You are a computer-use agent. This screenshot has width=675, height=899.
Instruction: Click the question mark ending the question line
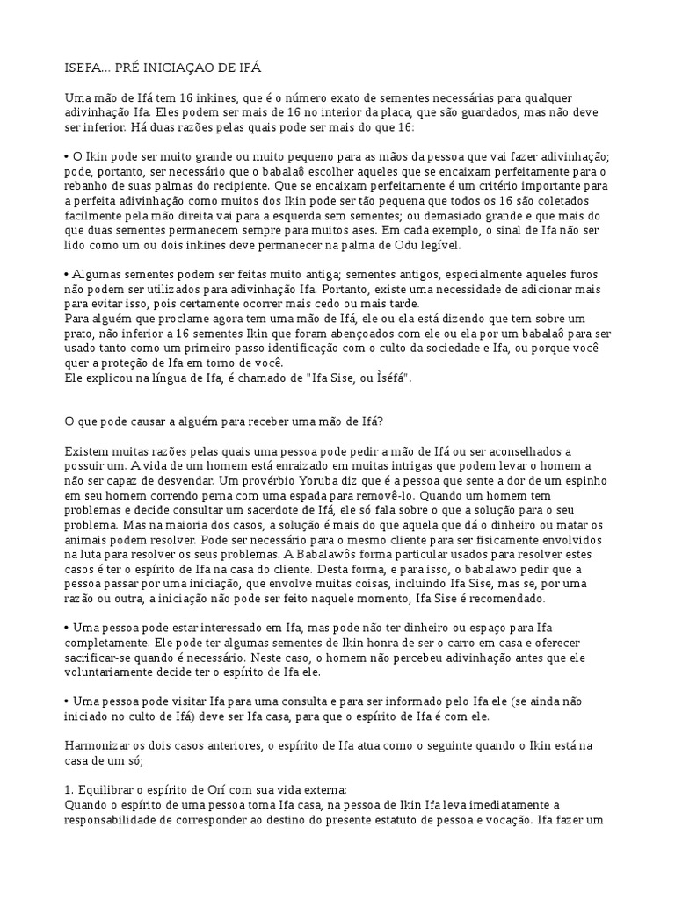click(x=381, y=421)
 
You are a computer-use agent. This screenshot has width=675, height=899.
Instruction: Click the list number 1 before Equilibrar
click(x=69, y=789)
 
